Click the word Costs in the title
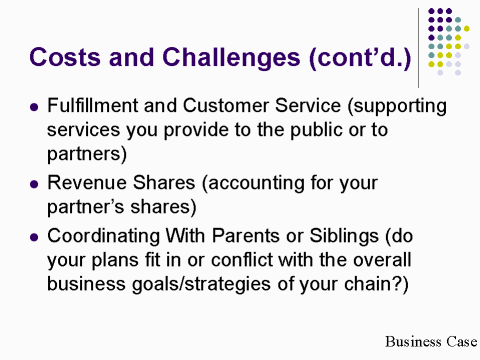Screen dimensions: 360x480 (x=65, y=56)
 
